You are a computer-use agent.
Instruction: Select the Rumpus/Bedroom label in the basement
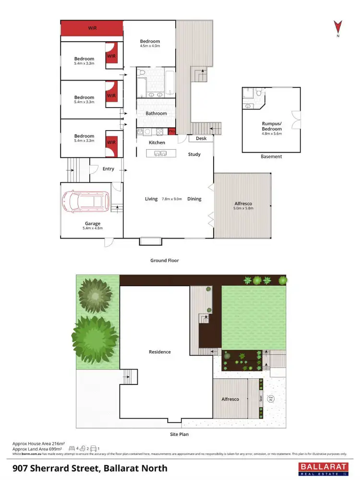pos(271,126)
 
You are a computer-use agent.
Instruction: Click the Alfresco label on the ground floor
pos(243,204)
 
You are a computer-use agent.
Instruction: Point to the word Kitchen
pos(157,143)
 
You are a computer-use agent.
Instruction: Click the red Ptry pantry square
pos(172,132)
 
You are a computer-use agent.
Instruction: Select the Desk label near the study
pos(201,139)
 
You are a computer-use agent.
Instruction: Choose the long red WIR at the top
pos(92,28)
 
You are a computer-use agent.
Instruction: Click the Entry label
pos(108,168)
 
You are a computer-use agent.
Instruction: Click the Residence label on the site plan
pos(160,352)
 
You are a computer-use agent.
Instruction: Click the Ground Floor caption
pos(164,261)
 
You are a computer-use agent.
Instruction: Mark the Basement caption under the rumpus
pos(271,156)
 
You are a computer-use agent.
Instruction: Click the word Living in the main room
pos(151,199)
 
